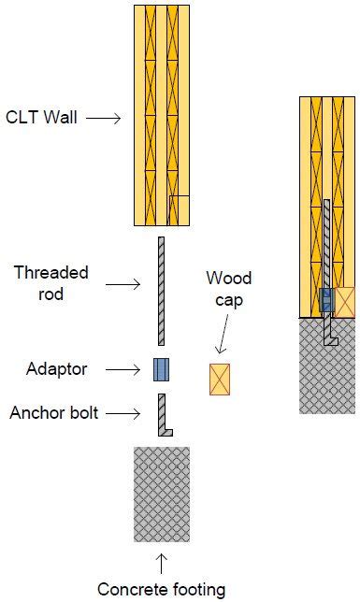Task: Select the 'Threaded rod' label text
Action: click(x=51, y=282)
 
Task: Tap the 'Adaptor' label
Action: click(x=57, y=369)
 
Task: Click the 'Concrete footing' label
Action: click(x=161, y=589)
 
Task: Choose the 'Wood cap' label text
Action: click(x=228, y=289)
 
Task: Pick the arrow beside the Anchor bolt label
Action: click(x=129, y=412)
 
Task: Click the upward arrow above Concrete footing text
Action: click(x=161, y=563)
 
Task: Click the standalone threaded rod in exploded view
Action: click(x=161, y=290)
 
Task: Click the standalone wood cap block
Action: click(x=220, y=379)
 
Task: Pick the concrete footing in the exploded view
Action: click(x=161, y=494)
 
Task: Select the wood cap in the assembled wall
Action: click(x=344, y=302)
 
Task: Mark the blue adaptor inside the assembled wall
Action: click(x=326, y=300)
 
